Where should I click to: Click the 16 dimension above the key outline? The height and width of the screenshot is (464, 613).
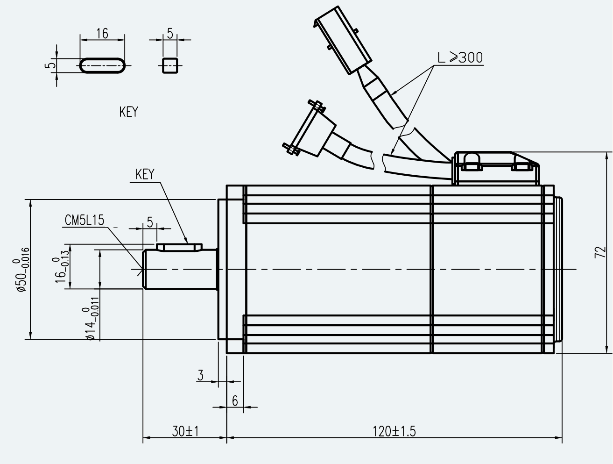click(x=102, y=34)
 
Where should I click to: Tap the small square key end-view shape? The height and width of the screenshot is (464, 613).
click(x=170, y=66)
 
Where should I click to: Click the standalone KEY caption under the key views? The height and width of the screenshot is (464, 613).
click(x=129, y=112)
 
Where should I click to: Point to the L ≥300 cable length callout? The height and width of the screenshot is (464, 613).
click(x=460, y=57)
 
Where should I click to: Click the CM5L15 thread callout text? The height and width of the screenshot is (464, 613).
click(x=85, y=220)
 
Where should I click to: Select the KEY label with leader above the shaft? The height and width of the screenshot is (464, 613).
click(x=145, y=174)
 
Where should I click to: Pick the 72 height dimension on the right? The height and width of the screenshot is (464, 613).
click(x=600, y=252)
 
